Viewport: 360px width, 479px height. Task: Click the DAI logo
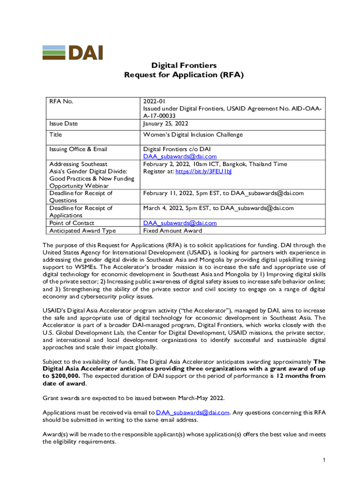point(72,53)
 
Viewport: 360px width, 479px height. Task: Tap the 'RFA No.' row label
point(61,101)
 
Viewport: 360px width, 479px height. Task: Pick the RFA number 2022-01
point(154,101)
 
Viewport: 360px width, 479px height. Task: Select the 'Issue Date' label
point(64,123)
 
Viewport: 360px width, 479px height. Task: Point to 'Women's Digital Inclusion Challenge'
point(193,135)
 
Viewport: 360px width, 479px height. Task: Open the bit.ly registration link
point(203,172)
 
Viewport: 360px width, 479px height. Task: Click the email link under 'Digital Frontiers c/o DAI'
point(180,157)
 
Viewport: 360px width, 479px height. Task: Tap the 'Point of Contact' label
point(72,223)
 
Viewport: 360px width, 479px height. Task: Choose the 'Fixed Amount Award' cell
point(173,231)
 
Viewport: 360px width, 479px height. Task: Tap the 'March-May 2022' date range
point(201,398)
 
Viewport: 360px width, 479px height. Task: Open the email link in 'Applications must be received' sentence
point(193,412)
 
